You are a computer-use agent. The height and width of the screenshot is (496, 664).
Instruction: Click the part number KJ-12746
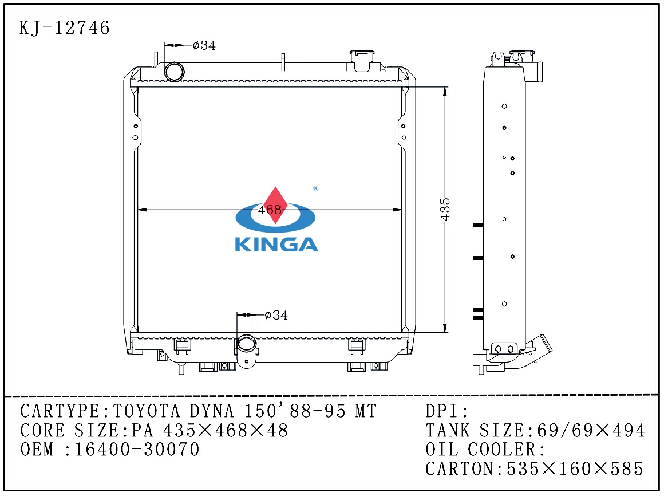click(64, 28)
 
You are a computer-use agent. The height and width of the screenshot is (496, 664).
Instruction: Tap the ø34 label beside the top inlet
click(204, 45)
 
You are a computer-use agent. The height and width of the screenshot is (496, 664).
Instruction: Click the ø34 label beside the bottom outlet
click(276, 315)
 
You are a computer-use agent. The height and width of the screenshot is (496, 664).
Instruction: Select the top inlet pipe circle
click(175, 72)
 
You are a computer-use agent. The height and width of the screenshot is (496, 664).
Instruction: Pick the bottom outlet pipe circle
click(246, 343)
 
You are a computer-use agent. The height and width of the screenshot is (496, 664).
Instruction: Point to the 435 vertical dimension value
click(445, 209)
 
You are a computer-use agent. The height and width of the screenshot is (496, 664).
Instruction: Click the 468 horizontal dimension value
click(270, 210)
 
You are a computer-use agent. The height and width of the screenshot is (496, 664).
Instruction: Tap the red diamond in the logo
click(276, 205)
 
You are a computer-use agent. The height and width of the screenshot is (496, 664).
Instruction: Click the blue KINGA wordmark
click(276, 245)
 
